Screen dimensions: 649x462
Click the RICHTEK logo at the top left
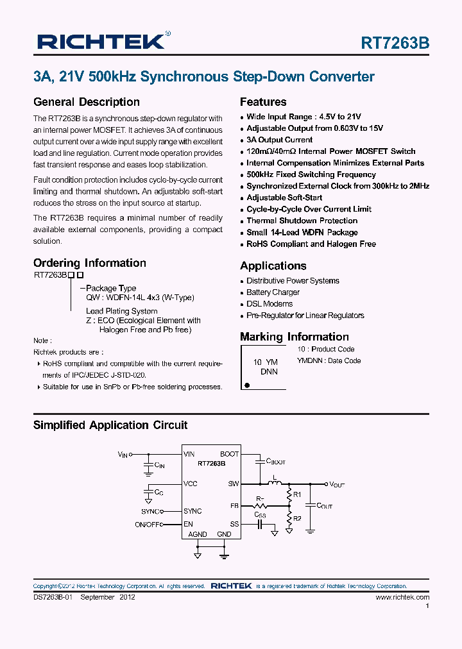101,42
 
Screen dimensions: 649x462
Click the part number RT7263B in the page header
395,43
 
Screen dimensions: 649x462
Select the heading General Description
86,102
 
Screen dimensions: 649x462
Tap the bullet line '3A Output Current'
279,140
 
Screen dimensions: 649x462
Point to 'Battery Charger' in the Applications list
273,292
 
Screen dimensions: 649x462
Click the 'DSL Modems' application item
269,304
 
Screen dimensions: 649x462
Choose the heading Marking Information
294,337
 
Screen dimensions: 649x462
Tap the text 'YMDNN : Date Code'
329,360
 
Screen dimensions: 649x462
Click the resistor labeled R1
296,494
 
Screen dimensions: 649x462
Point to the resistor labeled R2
296,518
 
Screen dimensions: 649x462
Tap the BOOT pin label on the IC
229,454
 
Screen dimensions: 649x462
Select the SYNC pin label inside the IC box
193,511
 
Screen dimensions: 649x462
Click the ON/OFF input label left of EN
148,524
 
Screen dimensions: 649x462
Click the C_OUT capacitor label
325,506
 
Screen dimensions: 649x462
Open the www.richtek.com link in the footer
402,597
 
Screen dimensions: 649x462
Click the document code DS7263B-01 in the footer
53,597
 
